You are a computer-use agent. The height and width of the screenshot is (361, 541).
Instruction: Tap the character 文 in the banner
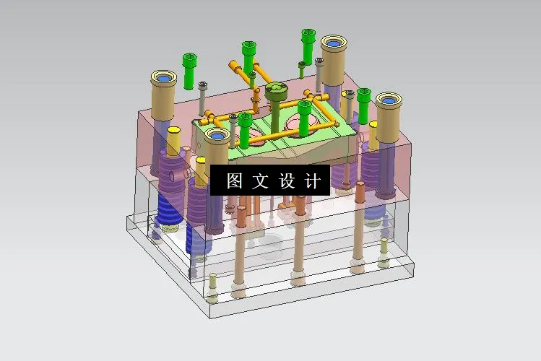click(260, 180)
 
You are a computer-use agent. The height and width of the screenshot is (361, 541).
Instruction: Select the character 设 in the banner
click(287, 180)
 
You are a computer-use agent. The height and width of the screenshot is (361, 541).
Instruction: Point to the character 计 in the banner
click(312, 180)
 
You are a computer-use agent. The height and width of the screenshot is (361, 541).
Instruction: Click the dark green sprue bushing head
click(276, 91)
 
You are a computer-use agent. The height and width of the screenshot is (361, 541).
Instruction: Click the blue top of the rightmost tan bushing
click(388, 101)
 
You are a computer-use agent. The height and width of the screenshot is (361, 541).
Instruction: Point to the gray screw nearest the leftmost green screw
click(204, 87)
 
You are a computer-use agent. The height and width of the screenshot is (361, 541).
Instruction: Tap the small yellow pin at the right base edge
click(384, 248)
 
